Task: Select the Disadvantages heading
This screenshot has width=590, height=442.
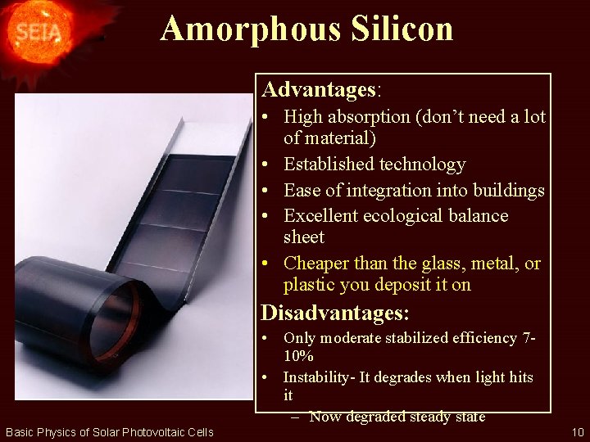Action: [x=334, y=313]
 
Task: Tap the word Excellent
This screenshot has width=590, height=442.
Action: [x=324, y=216]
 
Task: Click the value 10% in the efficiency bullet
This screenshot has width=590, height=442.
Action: [x=298, y=357]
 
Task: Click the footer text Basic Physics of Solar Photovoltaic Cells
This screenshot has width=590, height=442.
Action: [x=109, y=432]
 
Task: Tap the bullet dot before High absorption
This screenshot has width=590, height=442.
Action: [x=268, y=117]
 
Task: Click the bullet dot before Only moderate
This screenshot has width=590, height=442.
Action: [x=267, y=338]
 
